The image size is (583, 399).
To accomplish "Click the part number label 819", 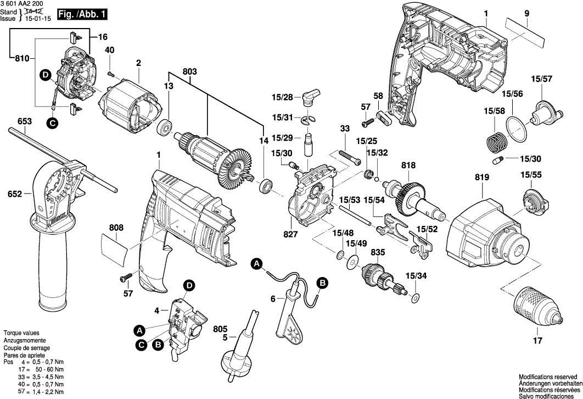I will tap(481, 178).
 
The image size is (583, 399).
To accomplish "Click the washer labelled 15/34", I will tap(416, 298).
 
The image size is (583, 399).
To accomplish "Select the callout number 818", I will tap(408, 164).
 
